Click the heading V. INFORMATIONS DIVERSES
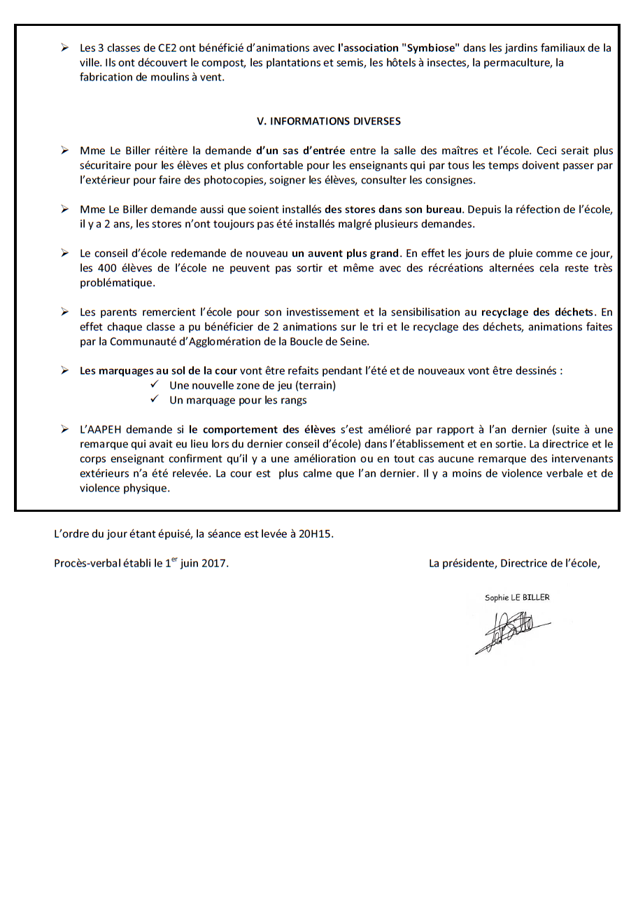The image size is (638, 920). pos(329,121)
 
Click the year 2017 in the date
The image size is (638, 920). pos(214,563)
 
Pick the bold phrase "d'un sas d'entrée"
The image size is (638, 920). pos(301,151)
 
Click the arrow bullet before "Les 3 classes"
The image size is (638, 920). pos(64,48)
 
